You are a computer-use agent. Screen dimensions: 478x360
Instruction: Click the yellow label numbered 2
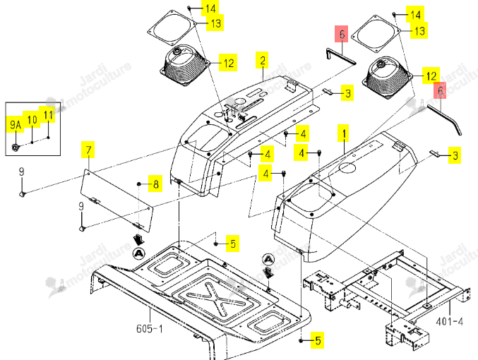click(x=262, y=60)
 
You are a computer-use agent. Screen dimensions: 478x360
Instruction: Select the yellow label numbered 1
click(x=344, y=133)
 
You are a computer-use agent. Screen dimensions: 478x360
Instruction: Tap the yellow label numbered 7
click(x=88, y=150)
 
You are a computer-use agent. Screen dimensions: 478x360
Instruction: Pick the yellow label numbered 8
click(x=155, y=184)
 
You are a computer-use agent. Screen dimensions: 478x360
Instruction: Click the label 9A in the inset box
click(x=16, y=124)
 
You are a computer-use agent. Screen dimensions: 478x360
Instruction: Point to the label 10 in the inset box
click(x=32, y=119)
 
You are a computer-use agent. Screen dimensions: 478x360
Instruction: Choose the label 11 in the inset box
click(x=47, y=114)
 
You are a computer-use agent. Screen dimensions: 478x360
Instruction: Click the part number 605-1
click(x=150, y=328)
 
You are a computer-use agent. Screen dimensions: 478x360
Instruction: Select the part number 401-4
click(x=449, y=321)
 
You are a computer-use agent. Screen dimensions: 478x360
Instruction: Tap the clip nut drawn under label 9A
click(x=16, y=148)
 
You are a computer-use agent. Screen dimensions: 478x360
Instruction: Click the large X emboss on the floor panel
click(x=216, y=299)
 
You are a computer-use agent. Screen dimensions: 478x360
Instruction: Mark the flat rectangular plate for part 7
click(x=116, y=201)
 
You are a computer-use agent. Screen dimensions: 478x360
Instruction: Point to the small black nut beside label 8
click(x=138, y=184)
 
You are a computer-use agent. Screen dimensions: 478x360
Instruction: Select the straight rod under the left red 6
click(x=341, y=56)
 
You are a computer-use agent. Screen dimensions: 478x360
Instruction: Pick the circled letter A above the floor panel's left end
click(x=139, y=253)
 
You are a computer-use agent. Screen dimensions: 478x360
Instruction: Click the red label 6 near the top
click(x=342, y=34)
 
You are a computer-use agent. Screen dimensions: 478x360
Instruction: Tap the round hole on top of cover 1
click(x=347, y=167)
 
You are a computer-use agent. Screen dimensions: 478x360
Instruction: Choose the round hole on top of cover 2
click(x=240, y=101)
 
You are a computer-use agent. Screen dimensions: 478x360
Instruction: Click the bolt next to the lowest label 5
click(x=301, y=340)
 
